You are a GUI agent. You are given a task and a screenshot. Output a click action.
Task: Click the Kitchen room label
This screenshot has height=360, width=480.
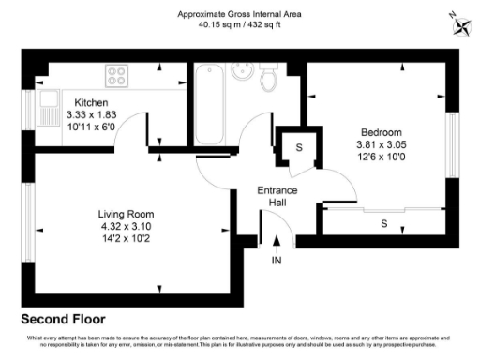pyautogui.click(x=91, y=102)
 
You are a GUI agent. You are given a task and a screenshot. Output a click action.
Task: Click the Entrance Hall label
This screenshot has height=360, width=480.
pyautogui.click(x=277, y=196)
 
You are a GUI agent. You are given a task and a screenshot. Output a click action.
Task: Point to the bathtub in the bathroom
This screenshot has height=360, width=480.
pyautogui.click(x=208, y=103)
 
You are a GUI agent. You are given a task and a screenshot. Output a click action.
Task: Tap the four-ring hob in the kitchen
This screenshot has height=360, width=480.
pyautogui.click(x=118, y=73)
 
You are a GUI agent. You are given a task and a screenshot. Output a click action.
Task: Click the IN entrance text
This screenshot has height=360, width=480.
pyautogui.click(x=276, y=260)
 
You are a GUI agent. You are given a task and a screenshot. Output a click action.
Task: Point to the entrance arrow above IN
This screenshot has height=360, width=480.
pyautogui.click(x=276, y=243)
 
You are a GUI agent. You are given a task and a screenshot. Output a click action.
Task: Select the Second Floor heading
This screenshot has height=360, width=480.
pyautogui.click(x=63, y=319)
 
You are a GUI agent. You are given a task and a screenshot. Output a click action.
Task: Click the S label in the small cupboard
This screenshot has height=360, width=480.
pyautogui.click(x=299, y=148)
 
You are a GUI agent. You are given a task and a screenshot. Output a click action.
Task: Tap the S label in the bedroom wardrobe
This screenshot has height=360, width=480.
pyautogui.click(x=384, y=224)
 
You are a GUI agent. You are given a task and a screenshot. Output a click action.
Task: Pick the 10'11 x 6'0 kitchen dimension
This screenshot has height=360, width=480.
pyautogui.click(x=91, y=126)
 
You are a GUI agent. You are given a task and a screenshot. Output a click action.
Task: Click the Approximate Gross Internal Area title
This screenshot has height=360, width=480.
pyautogui.click(x=241, y=15)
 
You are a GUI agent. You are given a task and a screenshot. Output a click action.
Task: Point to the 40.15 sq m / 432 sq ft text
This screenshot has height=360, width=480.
pyautogui.click(x=241, y=26)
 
